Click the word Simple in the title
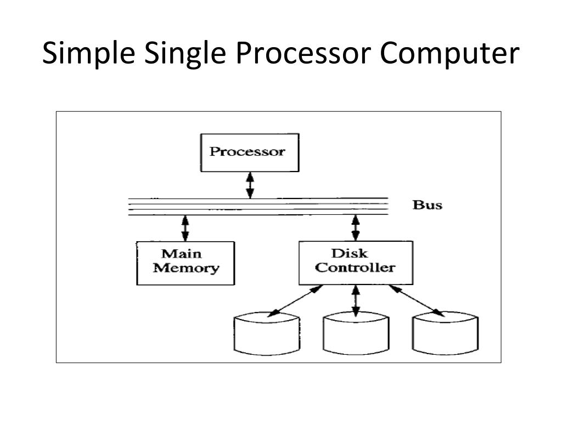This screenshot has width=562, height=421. [88, 53]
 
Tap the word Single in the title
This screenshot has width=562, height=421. [185, 53]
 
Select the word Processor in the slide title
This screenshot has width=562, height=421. [303, 53]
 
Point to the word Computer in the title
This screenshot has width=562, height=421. [449, 53]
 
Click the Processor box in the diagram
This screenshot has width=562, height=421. [250, 153]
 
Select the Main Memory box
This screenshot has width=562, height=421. [186, 263]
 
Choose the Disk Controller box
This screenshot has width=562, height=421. [356, 263]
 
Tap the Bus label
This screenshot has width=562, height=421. [427, 205]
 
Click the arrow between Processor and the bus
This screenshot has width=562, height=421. [250, 185]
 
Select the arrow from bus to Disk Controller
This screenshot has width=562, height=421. [356, 228]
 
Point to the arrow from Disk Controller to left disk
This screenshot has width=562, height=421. [295, 301]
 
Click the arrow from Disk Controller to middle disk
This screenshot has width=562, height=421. [356, 301]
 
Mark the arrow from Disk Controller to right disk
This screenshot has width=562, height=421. [417, 301]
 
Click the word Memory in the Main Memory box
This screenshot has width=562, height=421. [186, 268]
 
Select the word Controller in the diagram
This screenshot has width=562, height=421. [355, 268]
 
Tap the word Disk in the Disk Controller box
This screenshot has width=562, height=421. [350, 253]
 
